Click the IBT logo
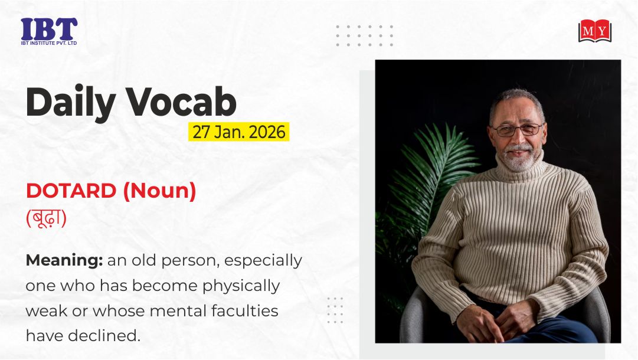(49, 31)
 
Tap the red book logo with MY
(595, 31)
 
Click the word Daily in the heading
(71, 103)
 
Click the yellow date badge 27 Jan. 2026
(239, 132)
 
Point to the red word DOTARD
(71, 191)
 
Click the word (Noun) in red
(159, 191)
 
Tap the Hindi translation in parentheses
(47, 218)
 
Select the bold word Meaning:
(64, 260)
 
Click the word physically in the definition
(241, 286)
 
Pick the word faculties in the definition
(244, 311)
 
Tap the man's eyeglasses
(518, 130)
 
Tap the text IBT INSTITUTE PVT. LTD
(49, 43)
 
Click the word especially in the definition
(263, 261)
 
